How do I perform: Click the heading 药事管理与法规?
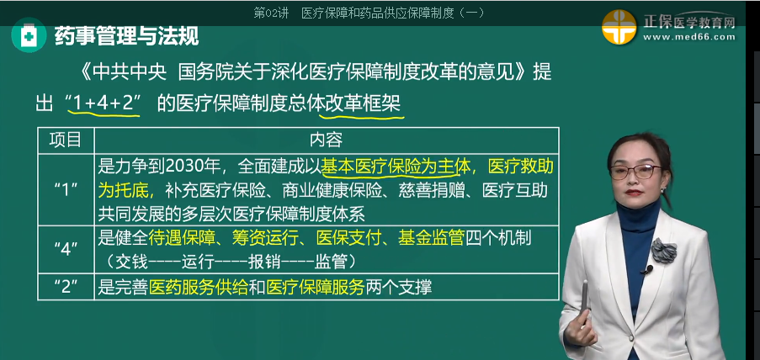pos(126,35)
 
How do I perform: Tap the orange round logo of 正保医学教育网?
pos(619,27)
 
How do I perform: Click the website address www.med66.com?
pos(689,37)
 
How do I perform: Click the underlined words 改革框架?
pos(363,104)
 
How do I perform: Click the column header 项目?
pos(65,140)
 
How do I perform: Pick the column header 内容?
pos(326,140)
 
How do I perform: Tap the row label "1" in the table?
pos(66,190)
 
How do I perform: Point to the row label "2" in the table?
pos(66,287)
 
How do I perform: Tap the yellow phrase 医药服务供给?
pos(199,288)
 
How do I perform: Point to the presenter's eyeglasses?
pos(636,171)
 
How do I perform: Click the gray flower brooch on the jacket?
pos(664,251)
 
